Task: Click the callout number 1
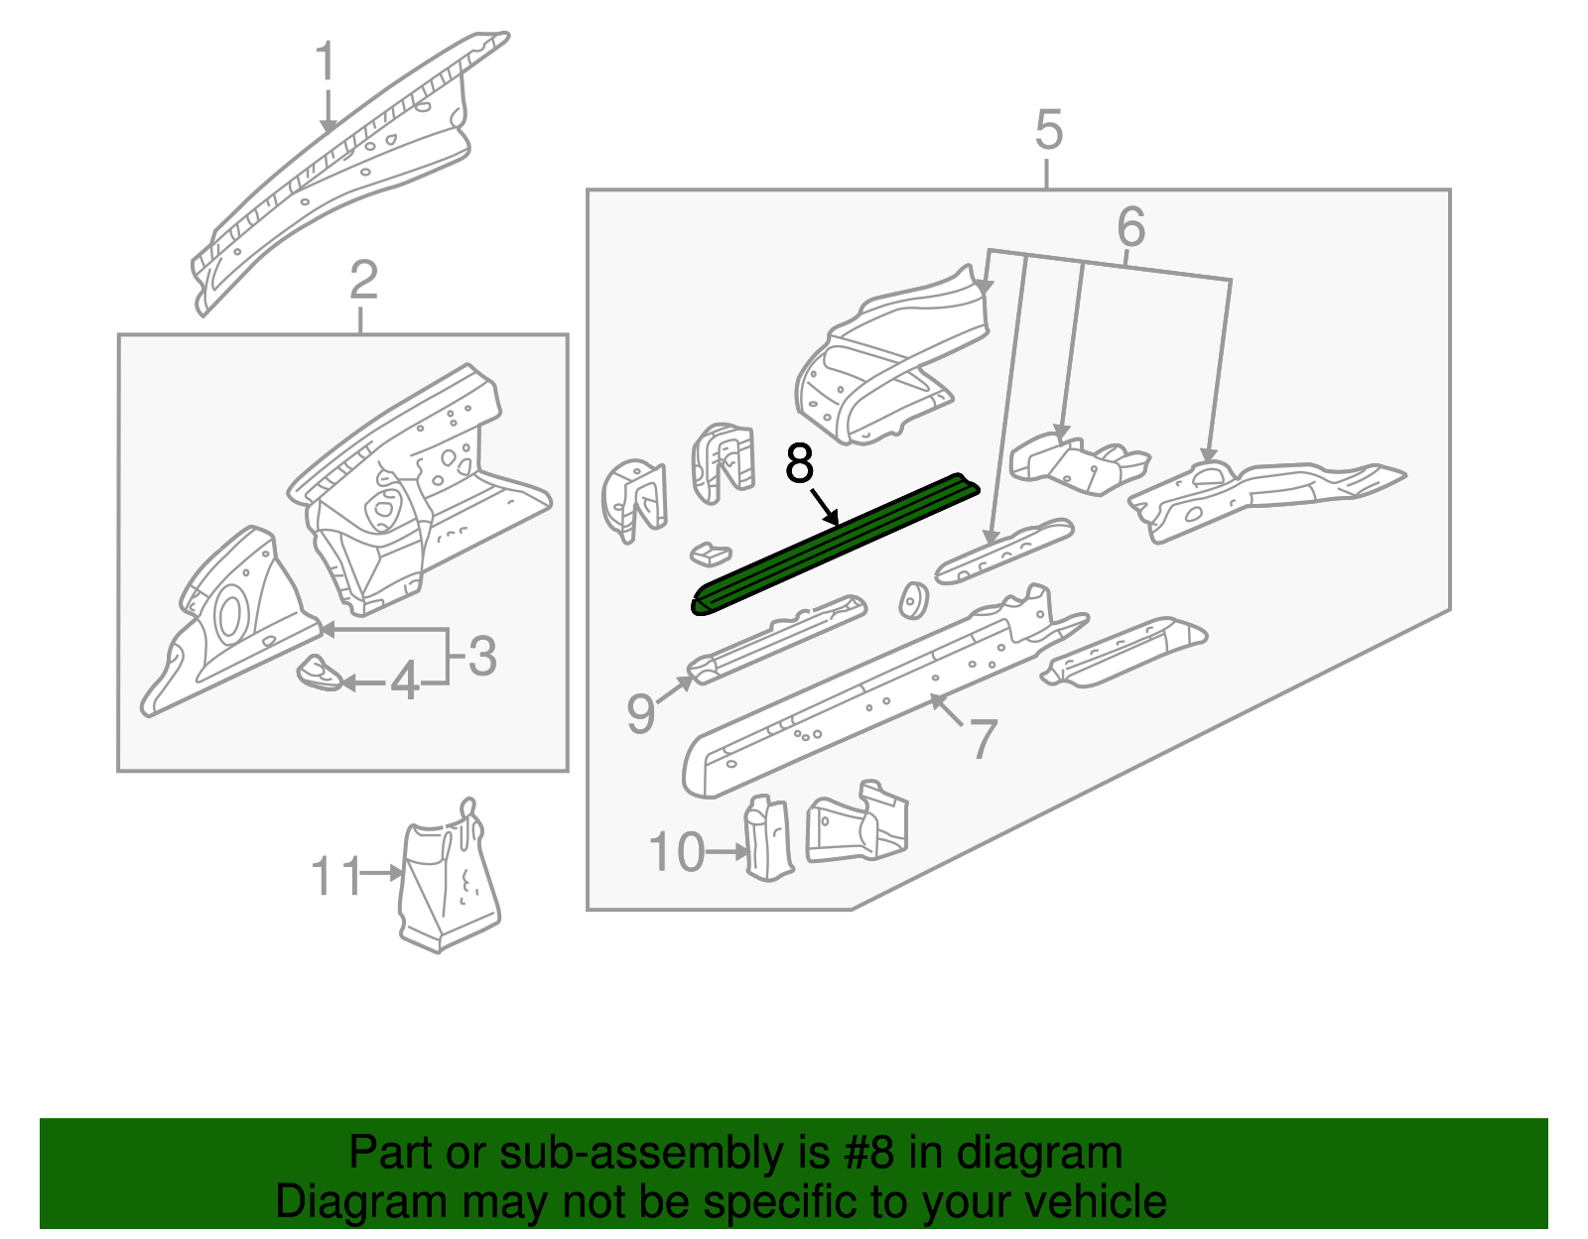coord(327,62)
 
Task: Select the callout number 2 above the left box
coord(363,281)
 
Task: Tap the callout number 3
coord(481,657)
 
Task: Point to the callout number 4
coord(404,682)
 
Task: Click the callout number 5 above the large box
coord(1048,131)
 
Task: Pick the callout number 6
coord(1130,228)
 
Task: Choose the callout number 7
coord(982,739)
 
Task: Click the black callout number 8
coord(799,463)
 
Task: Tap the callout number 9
coord(641,713)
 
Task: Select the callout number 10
coord(677,852)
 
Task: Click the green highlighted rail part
coord(834,546)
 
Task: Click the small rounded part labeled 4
coord(321,673)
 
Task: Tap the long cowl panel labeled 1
coord(337,169)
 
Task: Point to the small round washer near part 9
coord(912,600)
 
